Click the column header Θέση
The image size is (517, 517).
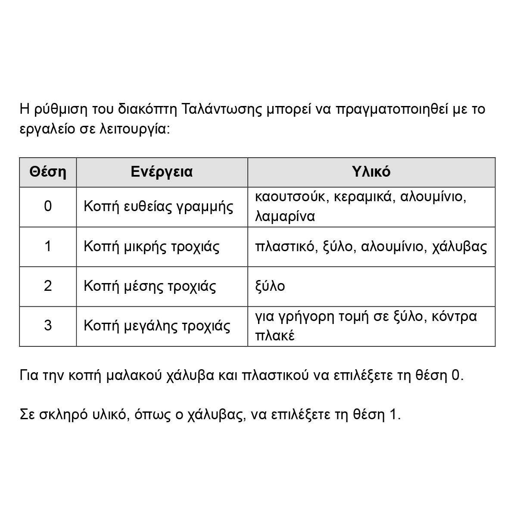point(48,172)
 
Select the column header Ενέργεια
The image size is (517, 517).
point(162,172)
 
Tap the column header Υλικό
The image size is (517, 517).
point(371,172)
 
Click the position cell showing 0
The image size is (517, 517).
point(48,206)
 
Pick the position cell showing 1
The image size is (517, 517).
point(48,246)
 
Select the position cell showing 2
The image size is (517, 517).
point(48,286)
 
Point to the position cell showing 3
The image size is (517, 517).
point(48,326)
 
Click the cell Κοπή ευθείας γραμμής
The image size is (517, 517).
point(158,207)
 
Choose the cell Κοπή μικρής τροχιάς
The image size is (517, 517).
point(151,247)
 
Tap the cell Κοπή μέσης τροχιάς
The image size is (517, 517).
point(149,287)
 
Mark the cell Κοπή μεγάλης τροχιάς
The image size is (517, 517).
point(157,326)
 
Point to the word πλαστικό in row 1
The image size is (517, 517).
point(285,247)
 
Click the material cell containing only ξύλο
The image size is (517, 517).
point(270,287)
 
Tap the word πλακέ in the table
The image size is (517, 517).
point(275,336)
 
